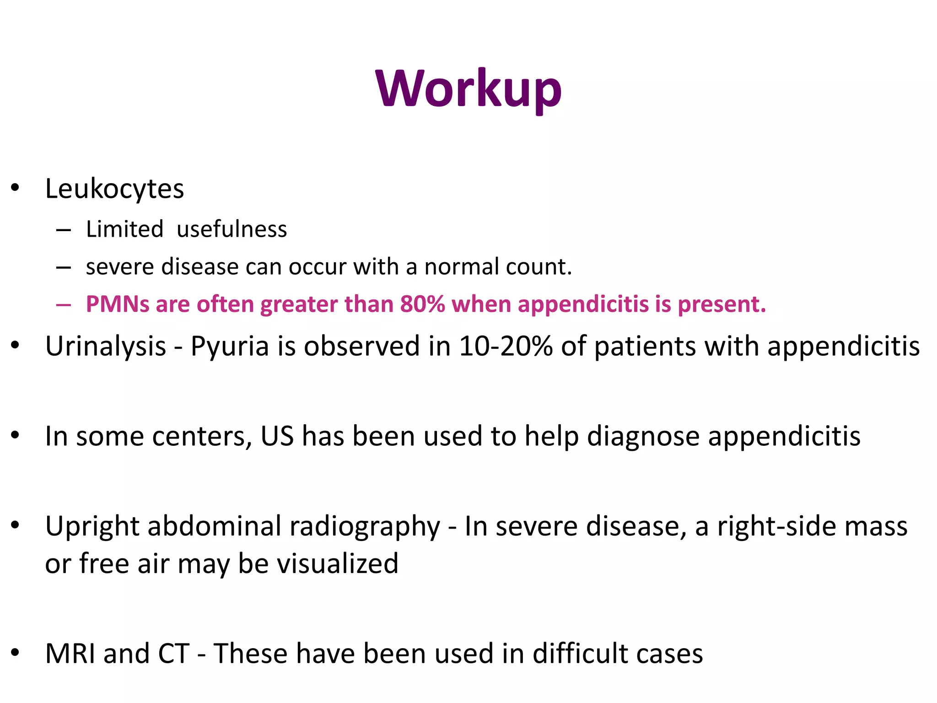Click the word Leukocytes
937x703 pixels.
[x=114, y=189]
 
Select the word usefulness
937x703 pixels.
[x=232, y=229]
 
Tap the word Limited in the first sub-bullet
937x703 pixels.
[x=124, y=229]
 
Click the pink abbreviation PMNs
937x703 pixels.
[x=118, y=304]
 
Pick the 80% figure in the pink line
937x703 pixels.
[x=422, y=304]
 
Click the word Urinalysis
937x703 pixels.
[x=106, y=346]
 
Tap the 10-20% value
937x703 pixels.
[x=506, y=346]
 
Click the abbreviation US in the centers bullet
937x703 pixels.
[x=277, y=436]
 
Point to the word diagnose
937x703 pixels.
[x=643, y=437]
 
